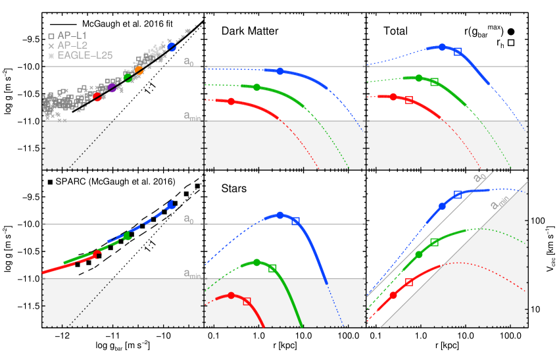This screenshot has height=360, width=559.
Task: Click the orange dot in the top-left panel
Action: pos(139,70)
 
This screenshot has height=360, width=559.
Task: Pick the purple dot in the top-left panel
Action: pos(112,88)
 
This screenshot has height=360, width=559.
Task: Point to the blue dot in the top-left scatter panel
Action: pos(172,47)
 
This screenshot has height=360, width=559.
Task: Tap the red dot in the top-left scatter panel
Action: pos(97,97)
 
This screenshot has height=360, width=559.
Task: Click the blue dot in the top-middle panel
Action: pos(280,71)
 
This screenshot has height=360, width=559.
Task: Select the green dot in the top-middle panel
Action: pos(256,88)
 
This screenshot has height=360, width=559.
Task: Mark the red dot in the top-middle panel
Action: pos(231,101)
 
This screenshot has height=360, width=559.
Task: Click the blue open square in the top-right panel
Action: pos(458,51)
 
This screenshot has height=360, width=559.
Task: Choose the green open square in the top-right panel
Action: pos(434,82)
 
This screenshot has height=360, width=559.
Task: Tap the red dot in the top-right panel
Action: pos(393,97)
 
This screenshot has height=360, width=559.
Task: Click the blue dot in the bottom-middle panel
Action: pos(280,215)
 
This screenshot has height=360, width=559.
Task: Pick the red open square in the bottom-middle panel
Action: pos(247,301)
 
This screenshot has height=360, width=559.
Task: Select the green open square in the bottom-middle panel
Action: pos(272,268)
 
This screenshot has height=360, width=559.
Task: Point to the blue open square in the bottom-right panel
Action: pos(458,194)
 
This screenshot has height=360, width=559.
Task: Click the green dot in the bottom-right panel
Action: pos(418,254)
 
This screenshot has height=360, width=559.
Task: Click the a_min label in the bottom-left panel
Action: pos(191,274)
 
